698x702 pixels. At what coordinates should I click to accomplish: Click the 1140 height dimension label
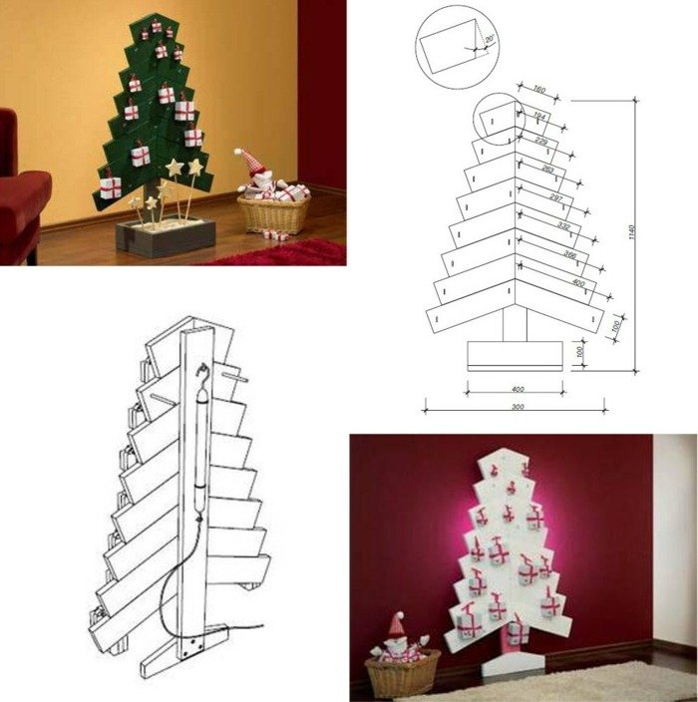point(632,231)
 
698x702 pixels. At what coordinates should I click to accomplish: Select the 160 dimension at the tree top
point(539,89)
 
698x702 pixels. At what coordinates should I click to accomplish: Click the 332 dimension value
point(564,226)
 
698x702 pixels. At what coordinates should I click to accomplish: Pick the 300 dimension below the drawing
point(517,408)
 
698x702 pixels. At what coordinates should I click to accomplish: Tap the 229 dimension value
point(541,142)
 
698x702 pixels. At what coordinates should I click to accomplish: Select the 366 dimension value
point(569,255)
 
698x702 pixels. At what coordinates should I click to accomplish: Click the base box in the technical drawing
point(517,355)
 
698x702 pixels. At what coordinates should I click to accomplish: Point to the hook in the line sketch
point(202,373)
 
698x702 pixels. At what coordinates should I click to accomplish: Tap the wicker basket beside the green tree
point(273,214)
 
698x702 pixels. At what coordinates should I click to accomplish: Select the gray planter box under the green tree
point(166,237)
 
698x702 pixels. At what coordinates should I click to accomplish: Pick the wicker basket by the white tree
point(403,674)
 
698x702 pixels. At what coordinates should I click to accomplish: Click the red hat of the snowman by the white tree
point(396,624)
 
